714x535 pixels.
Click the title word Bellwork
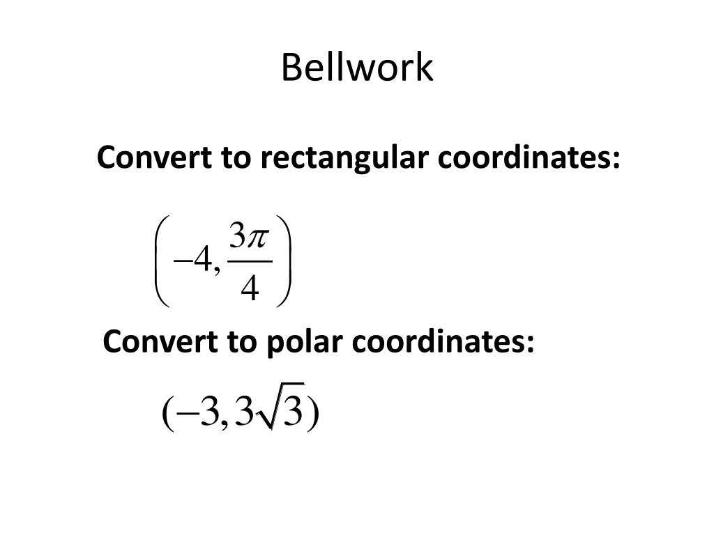(x=357, y=68)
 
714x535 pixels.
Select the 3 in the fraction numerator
(x=238, y=239)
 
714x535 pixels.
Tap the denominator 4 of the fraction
(x=249, y=288)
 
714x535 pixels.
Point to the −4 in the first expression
(x=195, y=263)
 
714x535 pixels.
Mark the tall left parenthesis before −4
(x=162, y=262)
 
